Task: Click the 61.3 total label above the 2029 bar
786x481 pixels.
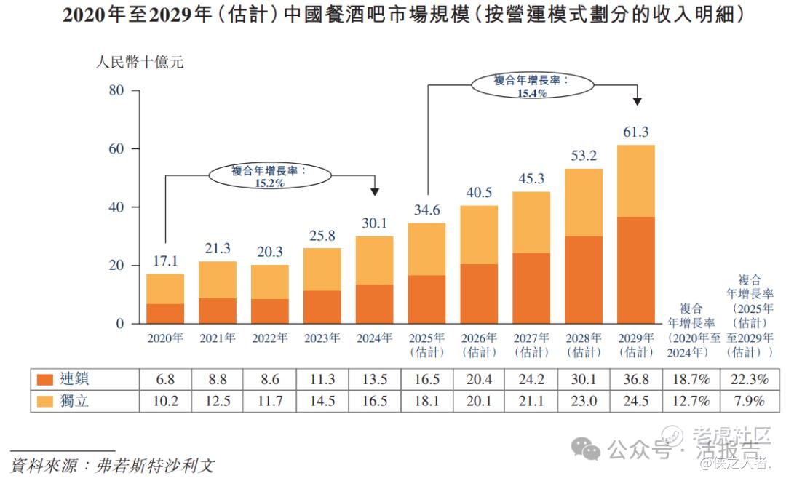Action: pyautogui.click(x=635, y=132)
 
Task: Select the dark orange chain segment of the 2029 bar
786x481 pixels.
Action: pyautogui.click(x=635, y=270)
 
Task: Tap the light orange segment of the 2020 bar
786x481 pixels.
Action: pyautogui.click(x=165, y=289)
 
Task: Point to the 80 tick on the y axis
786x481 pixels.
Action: pyautogui.click(x=117, y=90)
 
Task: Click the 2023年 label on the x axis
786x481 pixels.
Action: pyautogui.click(x=322, y=338)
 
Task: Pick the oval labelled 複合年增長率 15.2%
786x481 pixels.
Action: pyautogui.click(x=270, y=176)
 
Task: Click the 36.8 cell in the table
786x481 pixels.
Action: pyautogui.click(x=635, y=379)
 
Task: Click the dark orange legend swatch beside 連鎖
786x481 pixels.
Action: pyautogui.click(x=45, y=379)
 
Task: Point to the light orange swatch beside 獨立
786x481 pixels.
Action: pyautogui.click(x=45, y=400)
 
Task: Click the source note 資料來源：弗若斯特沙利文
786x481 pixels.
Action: pyautogui.click(x=113, y=465)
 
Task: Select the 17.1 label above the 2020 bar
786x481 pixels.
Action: pyautogui.click(x=165, y=261)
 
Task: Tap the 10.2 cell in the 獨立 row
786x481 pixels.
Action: pyautogui.click(x=165, y=400)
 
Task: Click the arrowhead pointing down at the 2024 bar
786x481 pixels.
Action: pyautogui.click(x=375, y=191)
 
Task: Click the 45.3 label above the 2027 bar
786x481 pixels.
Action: pyautogui.click(x=531, y=178)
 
